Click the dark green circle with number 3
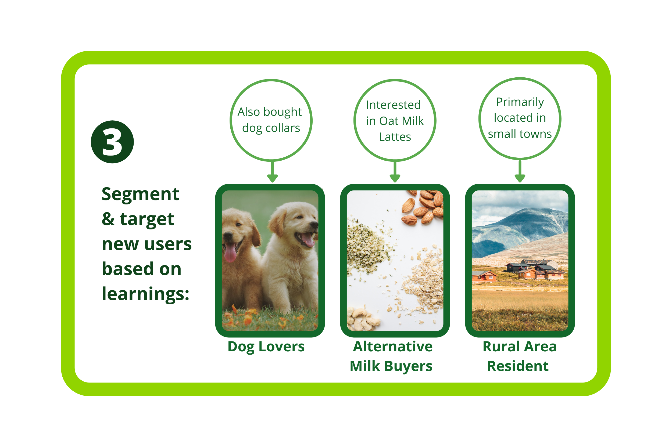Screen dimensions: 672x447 coord(112,142)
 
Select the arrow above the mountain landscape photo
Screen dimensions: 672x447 coord(520,171)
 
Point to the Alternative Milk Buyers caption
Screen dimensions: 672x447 coord(391,356)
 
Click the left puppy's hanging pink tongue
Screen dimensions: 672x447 coord(230,253)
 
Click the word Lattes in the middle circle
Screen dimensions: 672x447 coord(395,137)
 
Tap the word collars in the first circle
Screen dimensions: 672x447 coord(283,128)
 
